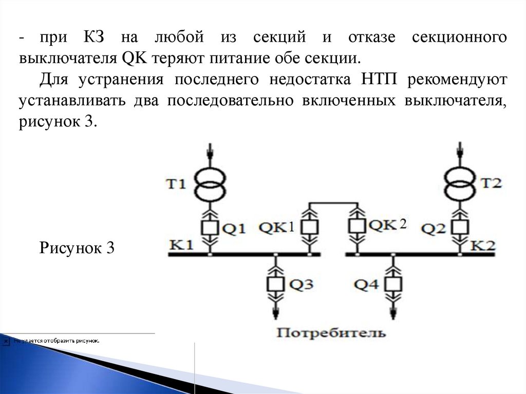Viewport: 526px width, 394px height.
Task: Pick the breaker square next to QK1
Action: point(309,227)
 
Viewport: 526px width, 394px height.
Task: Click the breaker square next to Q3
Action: point(276,284)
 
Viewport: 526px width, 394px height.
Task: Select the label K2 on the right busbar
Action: point(483,245)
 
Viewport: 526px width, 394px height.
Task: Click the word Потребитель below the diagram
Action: point(331,332)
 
